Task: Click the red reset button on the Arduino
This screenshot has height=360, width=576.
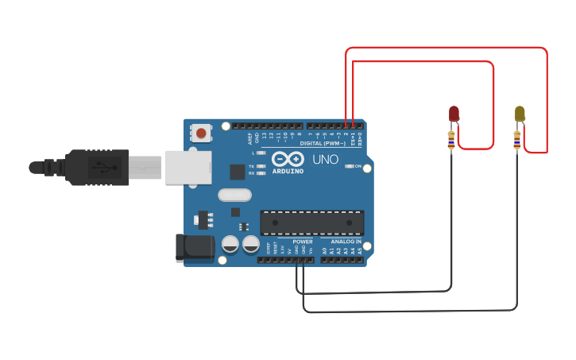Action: point(202,133)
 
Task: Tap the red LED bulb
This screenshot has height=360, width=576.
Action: point(454,113)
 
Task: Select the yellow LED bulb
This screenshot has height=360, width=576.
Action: point(520,113)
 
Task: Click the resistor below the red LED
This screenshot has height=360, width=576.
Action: point(451,141)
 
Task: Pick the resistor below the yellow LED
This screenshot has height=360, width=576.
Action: point(517,141)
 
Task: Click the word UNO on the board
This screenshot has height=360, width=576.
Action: point(325,159)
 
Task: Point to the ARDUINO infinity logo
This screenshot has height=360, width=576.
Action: point(287,158)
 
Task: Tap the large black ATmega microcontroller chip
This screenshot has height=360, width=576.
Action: point(312,223)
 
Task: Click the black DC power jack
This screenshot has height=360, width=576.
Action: point(195,247)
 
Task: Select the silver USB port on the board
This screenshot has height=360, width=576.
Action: point(190,167)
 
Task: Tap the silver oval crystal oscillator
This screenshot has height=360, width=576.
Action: point(234,195)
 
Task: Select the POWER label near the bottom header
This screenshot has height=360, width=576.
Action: point(303,241)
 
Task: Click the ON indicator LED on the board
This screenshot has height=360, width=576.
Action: point(350,166)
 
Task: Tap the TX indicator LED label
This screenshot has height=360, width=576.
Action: point(252,166)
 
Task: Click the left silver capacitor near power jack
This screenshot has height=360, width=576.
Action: point(230,243)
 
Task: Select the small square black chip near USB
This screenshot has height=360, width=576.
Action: point(237,171)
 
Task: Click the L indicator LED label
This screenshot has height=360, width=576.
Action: point(253,152)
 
